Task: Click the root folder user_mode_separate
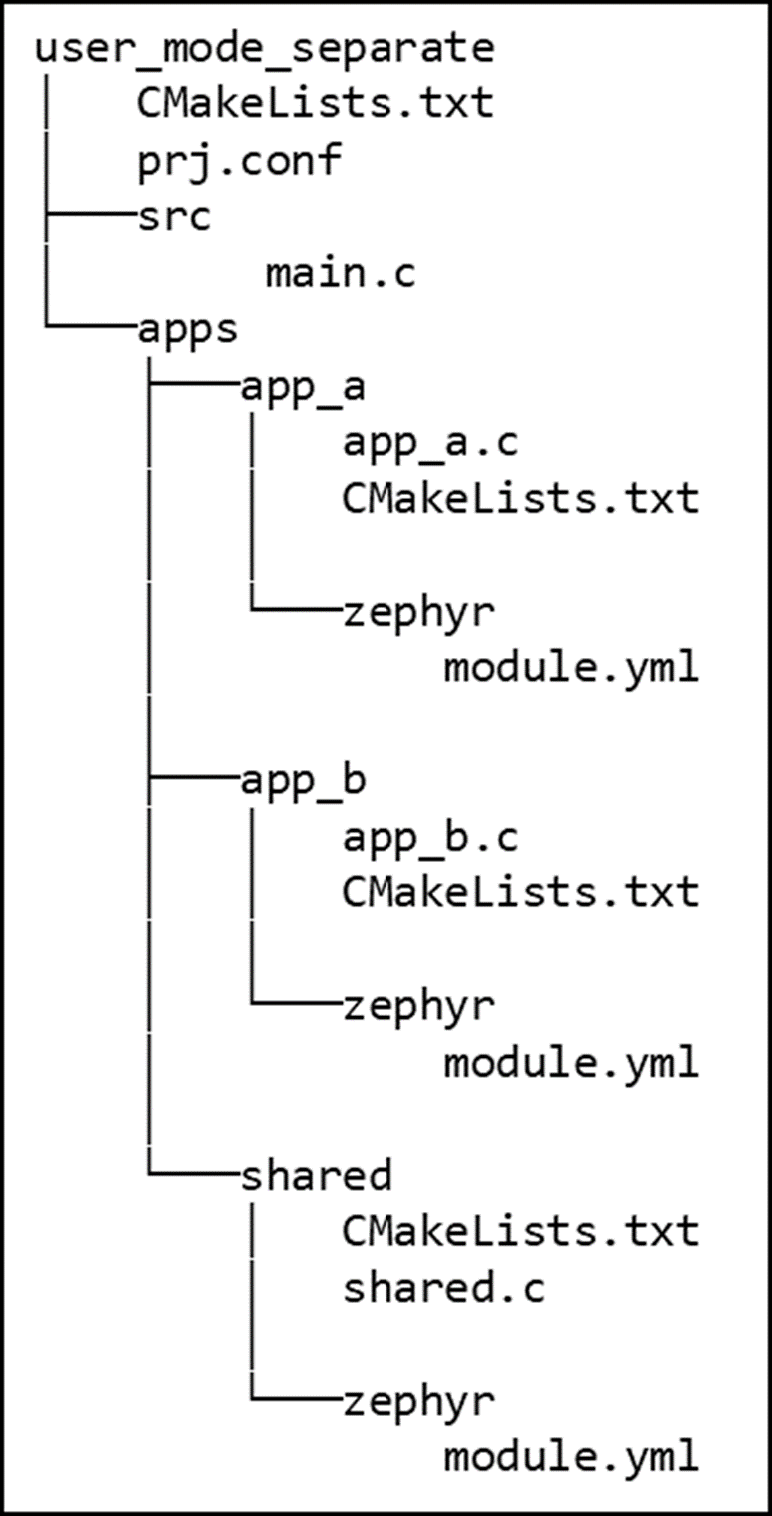265,48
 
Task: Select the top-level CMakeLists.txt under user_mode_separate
316,103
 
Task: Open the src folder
175,216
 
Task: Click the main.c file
341,272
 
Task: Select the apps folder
188,328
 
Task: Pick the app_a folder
303,386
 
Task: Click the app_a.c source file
430,442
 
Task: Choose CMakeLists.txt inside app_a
519,498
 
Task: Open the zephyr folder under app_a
418,612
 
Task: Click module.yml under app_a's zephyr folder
570,667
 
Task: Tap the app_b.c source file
430,838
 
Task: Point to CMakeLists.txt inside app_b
519,892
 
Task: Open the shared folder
316,1176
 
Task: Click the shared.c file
443,1288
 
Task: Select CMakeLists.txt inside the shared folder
519,1232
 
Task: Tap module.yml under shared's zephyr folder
570,1457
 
